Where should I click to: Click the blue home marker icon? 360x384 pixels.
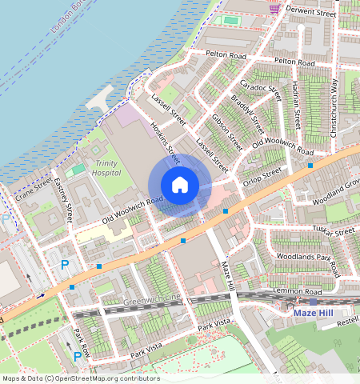tap(180, 185)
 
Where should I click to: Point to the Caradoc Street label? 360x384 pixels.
tap(260, 95)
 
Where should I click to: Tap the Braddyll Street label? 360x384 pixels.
tap(247, 115)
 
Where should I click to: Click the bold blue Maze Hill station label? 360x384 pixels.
tap(310, 313)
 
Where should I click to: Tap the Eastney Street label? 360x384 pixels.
tap(63, 200)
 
